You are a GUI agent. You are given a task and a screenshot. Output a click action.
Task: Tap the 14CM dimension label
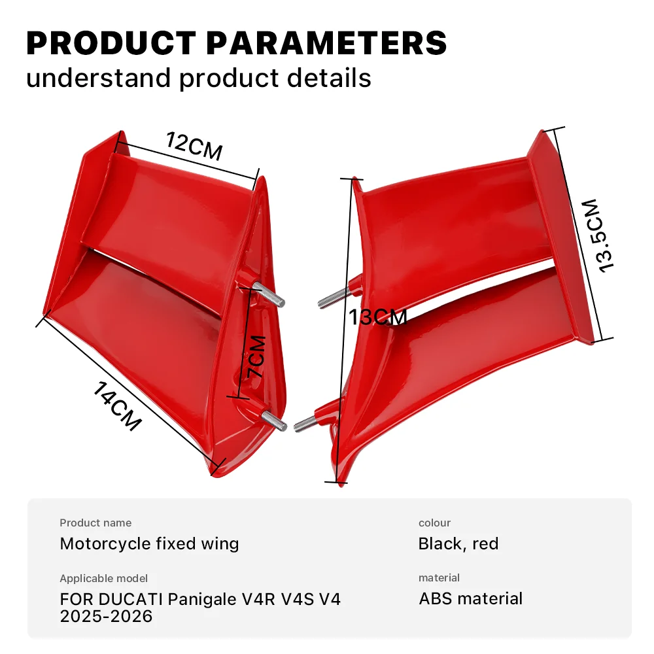(x=117, y=406)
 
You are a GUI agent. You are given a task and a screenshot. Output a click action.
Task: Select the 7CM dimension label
(x=256, y=356)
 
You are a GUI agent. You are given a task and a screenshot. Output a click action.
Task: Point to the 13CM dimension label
(x=377, y=318)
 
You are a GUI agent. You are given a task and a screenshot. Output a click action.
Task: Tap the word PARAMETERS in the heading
(x=326, y=43)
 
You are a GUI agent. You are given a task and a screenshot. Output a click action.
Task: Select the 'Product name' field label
(x=95, y=523)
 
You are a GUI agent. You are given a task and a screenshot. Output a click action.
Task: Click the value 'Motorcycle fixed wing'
(x=149, y=543)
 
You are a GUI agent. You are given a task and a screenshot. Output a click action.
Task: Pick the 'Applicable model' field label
(x=103, y=578)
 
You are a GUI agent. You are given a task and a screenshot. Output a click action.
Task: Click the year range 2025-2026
(x=106, y=616)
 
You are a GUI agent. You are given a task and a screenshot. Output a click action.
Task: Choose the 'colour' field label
(x=434, y=523)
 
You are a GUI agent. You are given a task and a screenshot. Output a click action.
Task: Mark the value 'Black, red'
(x=458, y=543)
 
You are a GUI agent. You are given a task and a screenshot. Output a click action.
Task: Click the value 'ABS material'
(x=471, y=598)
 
